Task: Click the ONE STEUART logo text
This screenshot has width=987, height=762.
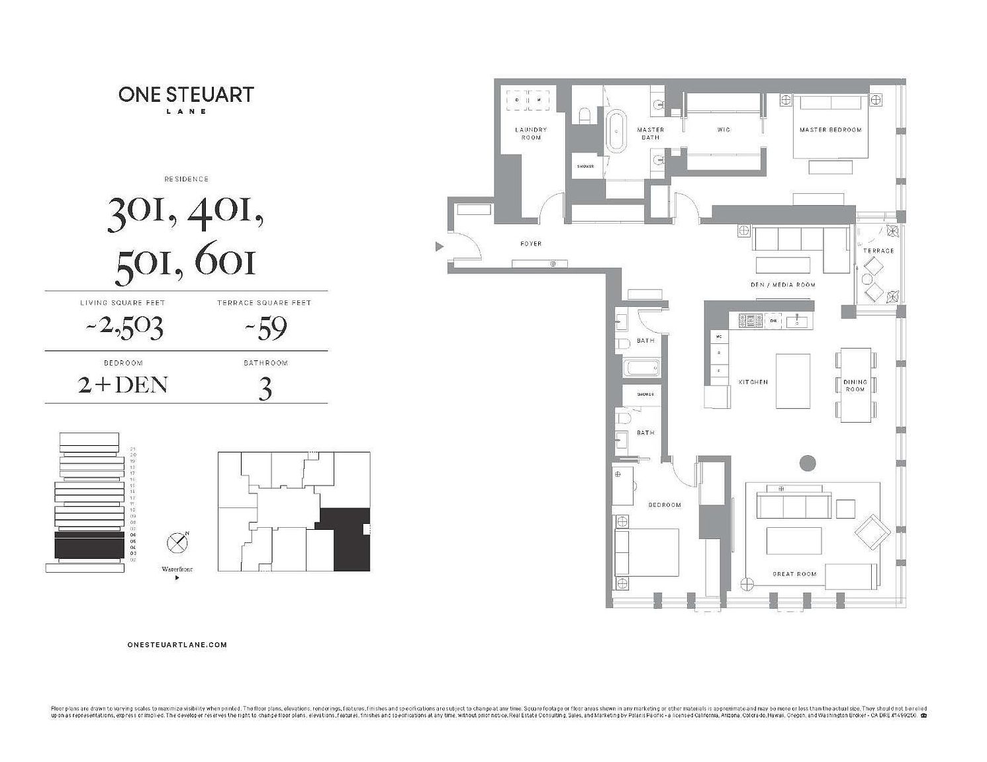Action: click(186, 95)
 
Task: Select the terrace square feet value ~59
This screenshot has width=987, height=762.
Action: click(264, 327)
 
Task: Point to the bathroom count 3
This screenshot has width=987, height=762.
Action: click(265, 389)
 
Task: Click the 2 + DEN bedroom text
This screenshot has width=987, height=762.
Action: click(123, 385)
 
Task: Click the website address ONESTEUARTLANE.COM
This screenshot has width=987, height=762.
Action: click(177, 644)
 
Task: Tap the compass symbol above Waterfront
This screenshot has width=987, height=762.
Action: click(177, 543)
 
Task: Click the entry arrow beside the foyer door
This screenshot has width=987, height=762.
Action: click(438, 247)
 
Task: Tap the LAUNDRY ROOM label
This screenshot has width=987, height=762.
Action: click(531, 134)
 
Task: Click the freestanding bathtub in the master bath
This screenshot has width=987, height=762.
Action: click(616, 133)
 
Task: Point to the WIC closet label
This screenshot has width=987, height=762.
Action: click(724, 130)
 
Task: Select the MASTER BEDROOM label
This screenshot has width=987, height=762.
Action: click(830, 130)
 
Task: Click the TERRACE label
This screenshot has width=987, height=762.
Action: click(878, 251)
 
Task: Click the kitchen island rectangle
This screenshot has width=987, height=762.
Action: click(793, 381)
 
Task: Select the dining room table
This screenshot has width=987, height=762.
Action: click(855, 384)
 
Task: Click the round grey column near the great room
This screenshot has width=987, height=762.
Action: click(807, 463)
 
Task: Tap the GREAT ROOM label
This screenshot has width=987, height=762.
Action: click(794, 574)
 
